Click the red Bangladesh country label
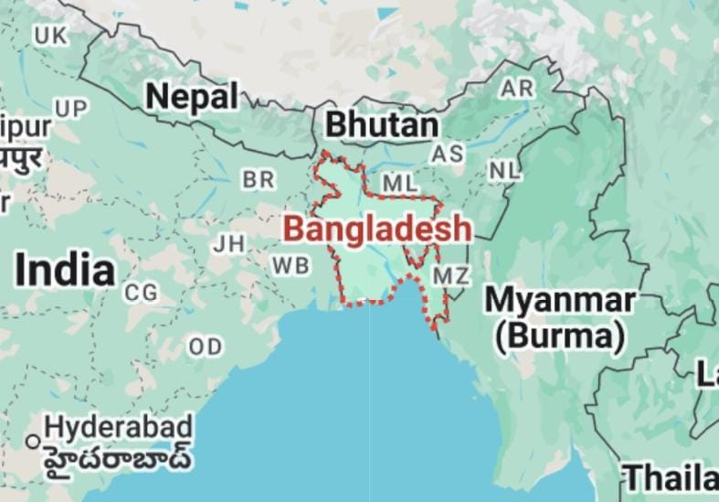click(377, 229)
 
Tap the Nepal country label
click(192, 95)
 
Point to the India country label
click(66, 271)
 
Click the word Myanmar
click(559, 300)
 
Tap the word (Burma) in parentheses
click(559, 336)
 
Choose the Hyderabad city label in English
click(119, 426)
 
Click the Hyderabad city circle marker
click(33, 442)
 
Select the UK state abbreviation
click(50, 36)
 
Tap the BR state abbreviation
click(259, 180)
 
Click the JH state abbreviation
click(228, 244)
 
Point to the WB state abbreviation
click(290, 265)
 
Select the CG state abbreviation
click(142, 293)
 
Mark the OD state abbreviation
click(206, 347)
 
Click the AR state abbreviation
click(517, 89)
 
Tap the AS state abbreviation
click(448, 154)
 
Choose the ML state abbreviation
click(399, 184)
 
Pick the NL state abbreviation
click(503, 170)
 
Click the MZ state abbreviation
click(451, 275)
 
